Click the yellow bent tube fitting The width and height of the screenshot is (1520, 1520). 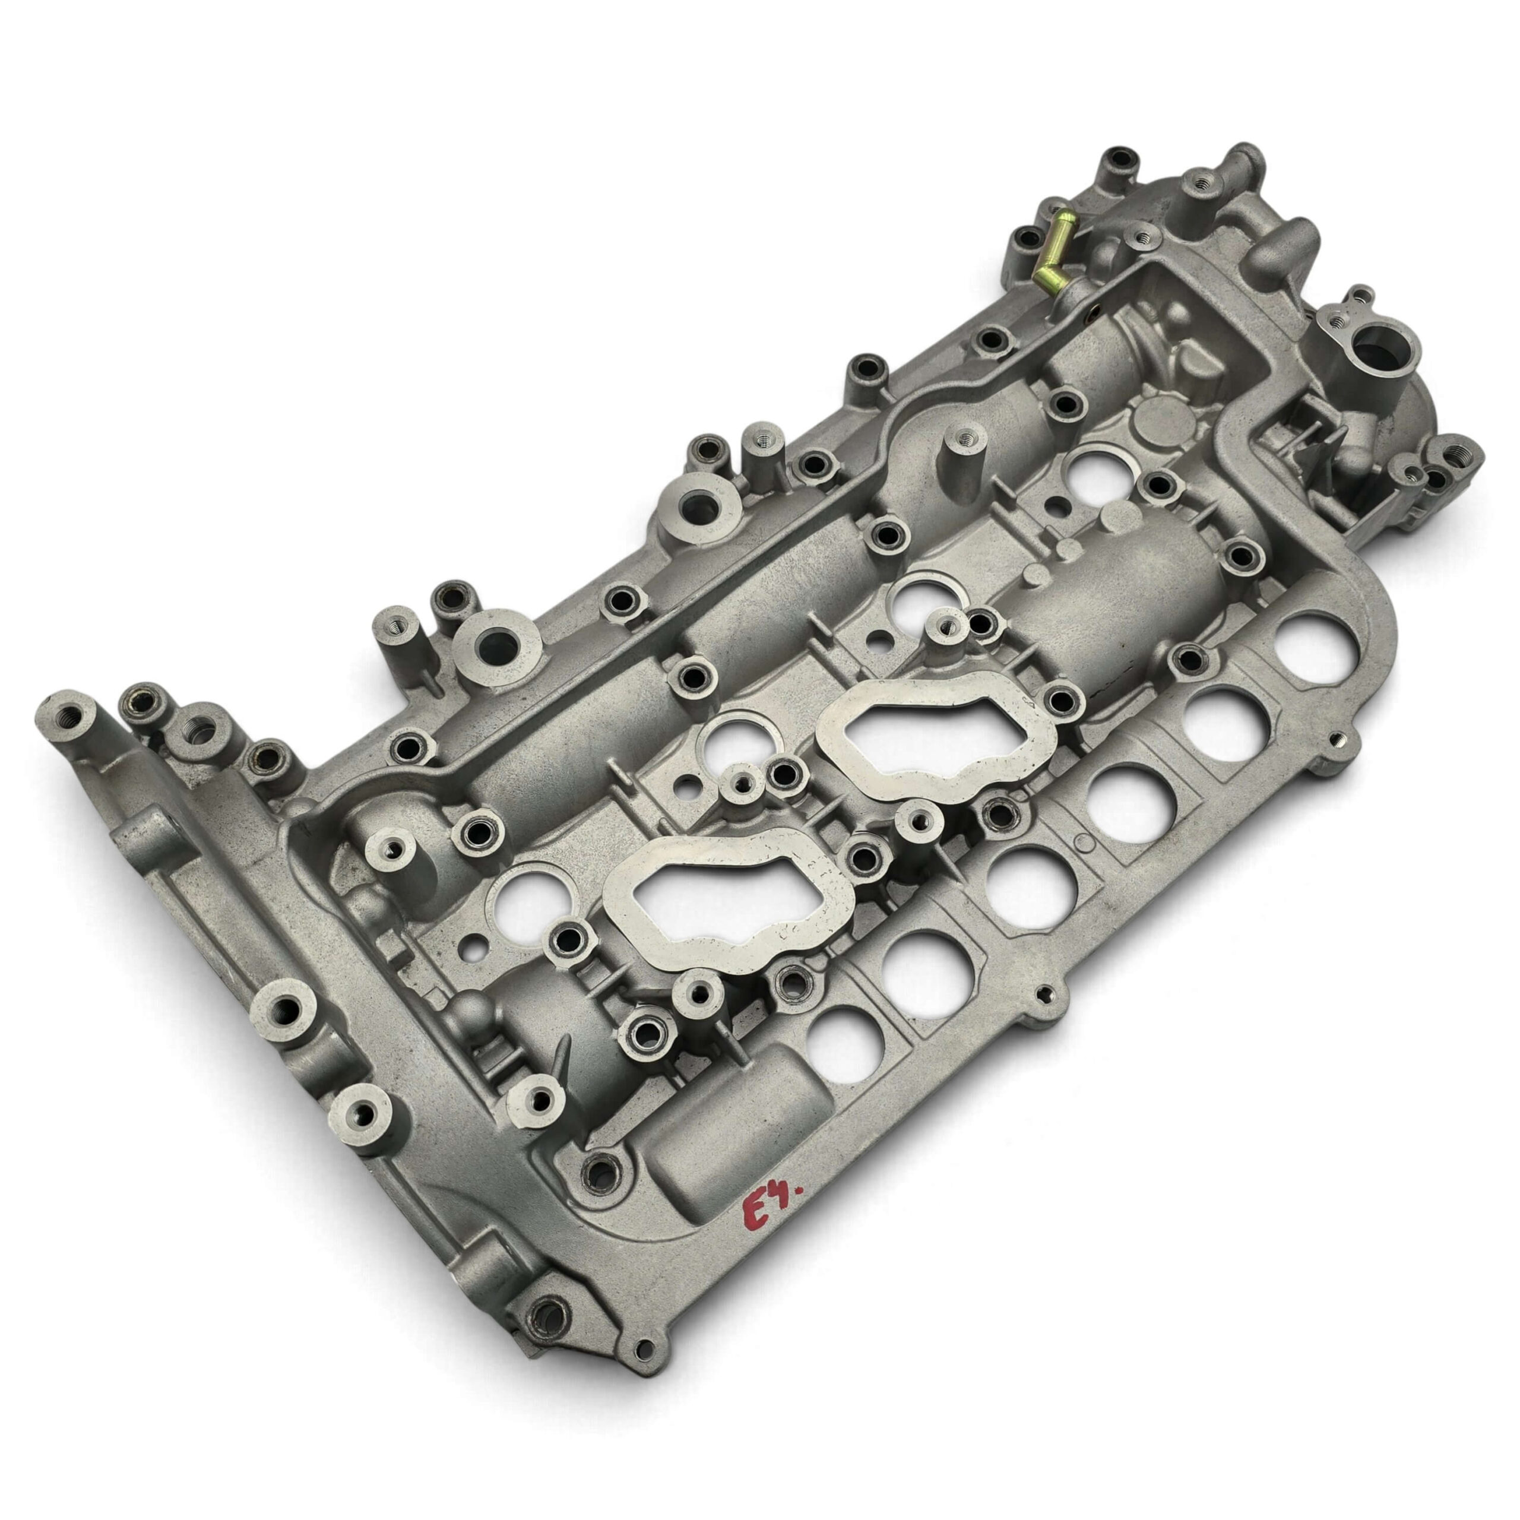tap(1050, 254)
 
